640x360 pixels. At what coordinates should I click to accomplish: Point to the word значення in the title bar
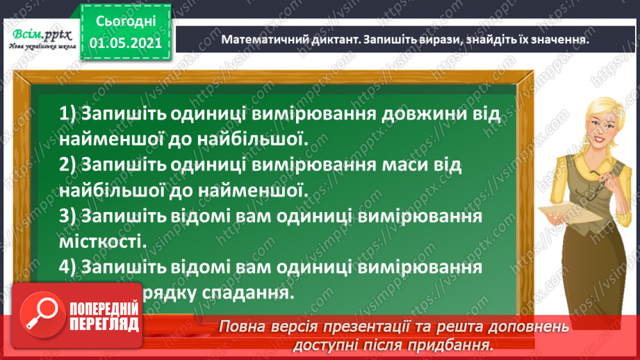(552, 40)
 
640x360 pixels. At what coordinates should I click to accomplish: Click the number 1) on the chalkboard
(69, 113)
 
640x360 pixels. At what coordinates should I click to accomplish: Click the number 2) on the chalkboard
(69, 164)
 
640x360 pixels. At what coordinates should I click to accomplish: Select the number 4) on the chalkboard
(69, 268)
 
